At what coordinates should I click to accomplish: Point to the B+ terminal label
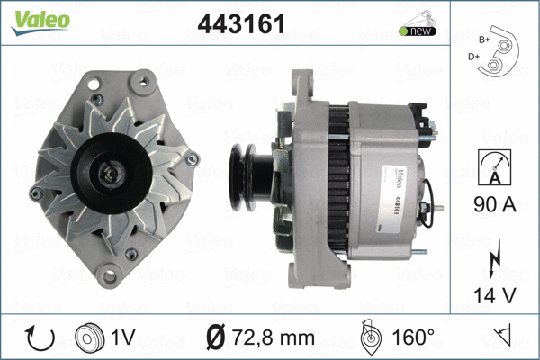click(485, 40)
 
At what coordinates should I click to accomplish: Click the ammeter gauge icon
click(493, 169)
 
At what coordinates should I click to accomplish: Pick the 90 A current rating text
click(492, 205)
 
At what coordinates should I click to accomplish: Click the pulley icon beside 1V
click(87, 337)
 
